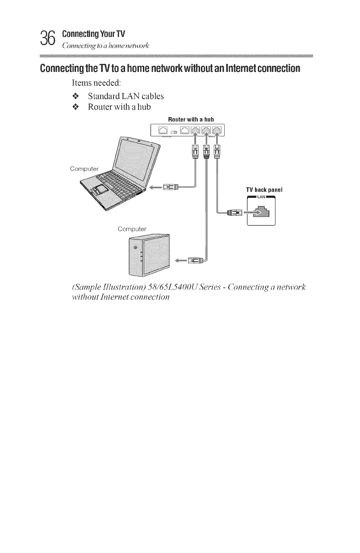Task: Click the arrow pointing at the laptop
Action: (x=157, y=187)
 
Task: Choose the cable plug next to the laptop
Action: (x=172, y=187)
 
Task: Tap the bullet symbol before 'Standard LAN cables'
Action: (x=76, y=96)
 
